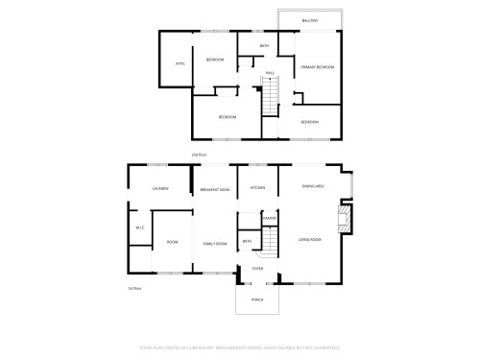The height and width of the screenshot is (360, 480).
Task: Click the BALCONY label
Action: [309, 20]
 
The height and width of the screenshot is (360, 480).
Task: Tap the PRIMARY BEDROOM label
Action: [317, 67]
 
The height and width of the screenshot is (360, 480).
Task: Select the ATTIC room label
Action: [180, 64]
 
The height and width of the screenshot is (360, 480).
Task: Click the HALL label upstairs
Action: [270, 73]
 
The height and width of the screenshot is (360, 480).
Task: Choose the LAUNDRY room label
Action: [160, 189]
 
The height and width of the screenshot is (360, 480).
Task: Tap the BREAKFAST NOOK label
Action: [215, 189]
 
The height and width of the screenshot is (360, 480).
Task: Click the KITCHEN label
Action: [257, 187]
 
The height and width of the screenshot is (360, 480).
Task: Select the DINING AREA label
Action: [313, 186]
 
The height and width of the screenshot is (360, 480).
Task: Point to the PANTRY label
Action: [270, 220]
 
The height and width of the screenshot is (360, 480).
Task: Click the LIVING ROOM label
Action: [309, 239]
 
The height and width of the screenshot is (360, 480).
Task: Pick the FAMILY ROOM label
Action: [214, 244]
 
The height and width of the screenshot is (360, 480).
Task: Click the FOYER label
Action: [257, 269]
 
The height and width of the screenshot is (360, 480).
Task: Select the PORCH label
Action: [257, 300]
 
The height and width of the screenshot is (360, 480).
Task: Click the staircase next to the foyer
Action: [269, 246]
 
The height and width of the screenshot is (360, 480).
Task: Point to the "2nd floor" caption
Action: [200, 154]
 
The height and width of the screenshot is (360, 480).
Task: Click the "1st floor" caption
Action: [134, 288]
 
